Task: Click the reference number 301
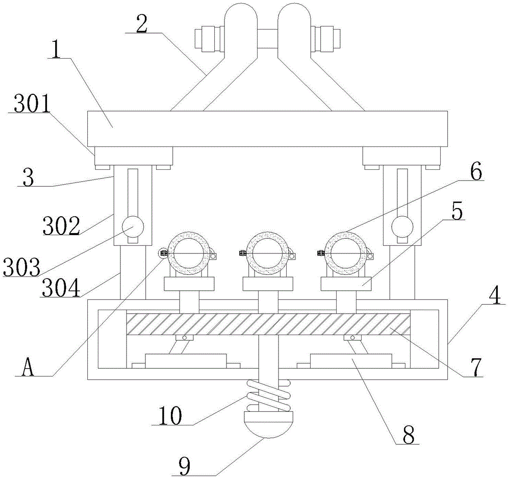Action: click(32, 104)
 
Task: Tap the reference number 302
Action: click(61, 225)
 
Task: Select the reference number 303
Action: click(22, 267)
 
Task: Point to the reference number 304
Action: click(61, 288)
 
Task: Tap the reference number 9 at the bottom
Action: click(185, 466)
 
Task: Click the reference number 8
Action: click(409, 435)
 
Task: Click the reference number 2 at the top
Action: click(142, 24)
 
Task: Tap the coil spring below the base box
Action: click(268, 395)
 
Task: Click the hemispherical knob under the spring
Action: click(268, 424)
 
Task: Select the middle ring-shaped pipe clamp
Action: click(267, 253)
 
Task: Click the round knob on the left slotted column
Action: click(133, 227)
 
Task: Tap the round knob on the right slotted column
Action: click(402, 227)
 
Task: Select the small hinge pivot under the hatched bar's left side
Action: click(184, 338)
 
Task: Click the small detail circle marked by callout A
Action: click(163, 253)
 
